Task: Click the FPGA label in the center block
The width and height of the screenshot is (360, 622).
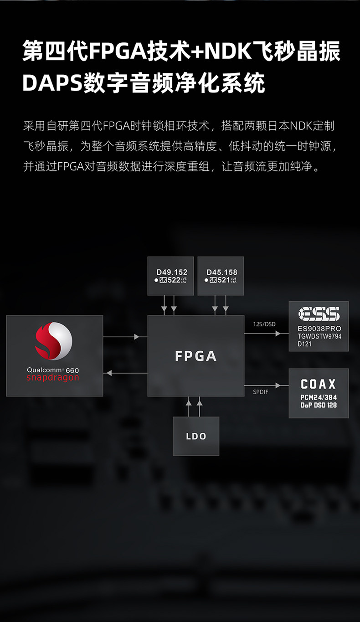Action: [x=195, y=356]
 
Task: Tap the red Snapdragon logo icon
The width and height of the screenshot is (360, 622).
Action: [x=54, y=341]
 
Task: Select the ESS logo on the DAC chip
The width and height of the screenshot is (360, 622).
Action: [x=319, y=314]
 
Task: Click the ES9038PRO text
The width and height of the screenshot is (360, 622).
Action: [x=319, y=329]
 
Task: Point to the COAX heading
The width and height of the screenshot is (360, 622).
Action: [x=319, y=384]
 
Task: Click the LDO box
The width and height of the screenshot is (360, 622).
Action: [x=196, y=436]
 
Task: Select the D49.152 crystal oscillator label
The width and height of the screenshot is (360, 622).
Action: [x=172, y=272]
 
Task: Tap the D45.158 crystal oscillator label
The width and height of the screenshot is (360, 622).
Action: [x=221, y=272]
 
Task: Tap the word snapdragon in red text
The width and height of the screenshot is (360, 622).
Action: [x=52, y=378]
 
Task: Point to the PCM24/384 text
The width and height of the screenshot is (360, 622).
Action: [x=319, y=397]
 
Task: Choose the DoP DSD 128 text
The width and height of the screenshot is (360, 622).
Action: [x=319, y=405]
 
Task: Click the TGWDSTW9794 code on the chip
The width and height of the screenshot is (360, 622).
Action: [x=319, y=336]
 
